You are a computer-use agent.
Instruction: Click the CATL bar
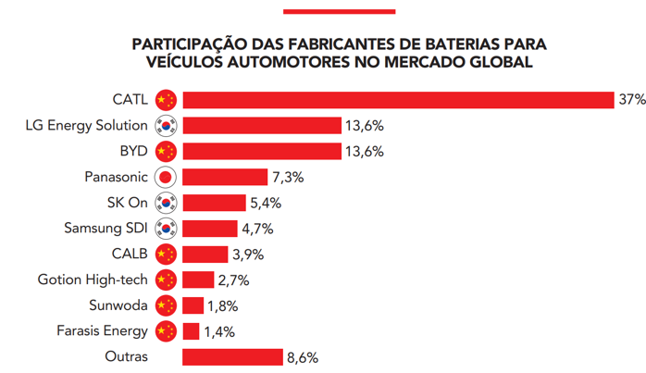click(398, 100)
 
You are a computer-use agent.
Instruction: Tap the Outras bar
click(231, 356)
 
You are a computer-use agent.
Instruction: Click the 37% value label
click(632, 100)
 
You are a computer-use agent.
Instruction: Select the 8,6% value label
click(303, 356)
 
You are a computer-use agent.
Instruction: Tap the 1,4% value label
click(219, 331)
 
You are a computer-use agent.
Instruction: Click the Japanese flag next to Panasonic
click(166, 177)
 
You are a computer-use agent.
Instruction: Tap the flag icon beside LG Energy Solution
click(166, 126)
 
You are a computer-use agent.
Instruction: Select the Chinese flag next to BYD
click(166, 151)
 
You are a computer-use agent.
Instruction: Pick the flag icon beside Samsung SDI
click(166, 229)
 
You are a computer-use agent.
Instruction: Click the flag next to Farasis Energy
click(166, 331)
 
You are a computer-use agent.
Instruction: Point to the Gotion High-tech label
click(93, 280)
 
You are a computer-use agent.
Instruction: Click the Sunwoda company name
click(117, 305)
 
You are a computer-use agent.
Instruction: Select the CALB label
click(130, 254)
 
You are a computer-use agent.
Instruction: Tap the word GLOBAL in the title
click(495, 63)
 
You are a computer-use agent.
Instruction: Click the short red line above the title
click(339, 12)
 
